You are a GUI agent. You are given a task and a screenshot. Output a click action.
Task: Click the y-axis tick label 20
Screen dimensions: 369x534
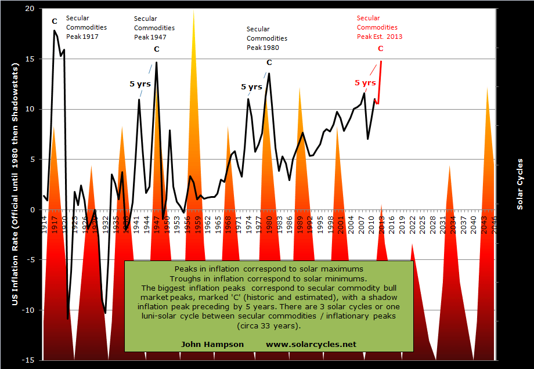(30, 9)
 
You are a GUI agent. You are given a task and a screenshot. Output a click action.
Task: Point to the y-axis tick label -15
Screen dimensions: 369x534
(28, 360)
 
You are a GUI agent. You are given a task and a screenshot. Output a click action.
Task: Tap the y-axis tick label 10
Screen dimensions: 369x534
(30, 109)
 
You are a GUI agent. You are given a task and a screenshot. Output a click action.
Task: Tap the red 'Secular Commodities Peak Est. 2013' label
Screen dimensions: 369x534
(379, 27)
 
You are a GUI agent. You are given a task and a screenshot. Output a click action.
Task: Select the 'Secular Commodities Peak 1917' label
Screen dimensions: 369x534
(82, 27)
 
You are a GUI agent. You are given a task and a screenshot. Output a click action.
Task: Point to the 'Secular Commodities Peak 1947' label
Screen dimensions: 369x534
(154, 28)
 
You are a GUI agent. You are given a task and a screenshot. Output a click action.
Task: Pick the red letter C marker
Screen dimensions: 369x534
(381, 49)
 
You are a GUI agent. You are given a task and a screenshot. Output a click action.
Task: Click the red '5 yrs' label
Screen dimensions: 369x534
(365, 82)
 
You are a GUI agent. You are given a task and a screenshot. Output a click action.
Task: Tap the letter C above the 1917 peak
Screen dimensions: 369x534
(55, 21)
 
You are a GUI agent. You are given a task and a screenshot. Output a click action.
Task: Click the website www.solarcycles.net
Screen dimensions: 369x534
(311, 343)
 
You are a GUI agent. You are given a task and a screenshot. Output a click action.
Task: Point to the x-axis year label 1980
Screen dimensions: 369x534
(269, 223)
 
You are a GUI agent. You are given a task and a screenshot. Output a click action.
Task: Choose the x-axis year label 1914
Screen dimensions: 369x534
(45, 223)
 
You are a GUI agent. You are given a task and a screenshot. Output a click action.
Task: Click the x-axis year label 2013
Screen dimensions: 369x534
(381, 223)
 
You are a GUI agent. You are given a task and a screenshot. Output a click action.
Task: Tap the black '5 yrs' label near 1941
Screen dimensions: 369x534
(140, 84)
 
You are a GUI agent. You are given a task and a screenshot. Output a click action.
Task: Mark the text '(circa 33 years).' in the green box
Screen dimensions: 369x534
(269, 326)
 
